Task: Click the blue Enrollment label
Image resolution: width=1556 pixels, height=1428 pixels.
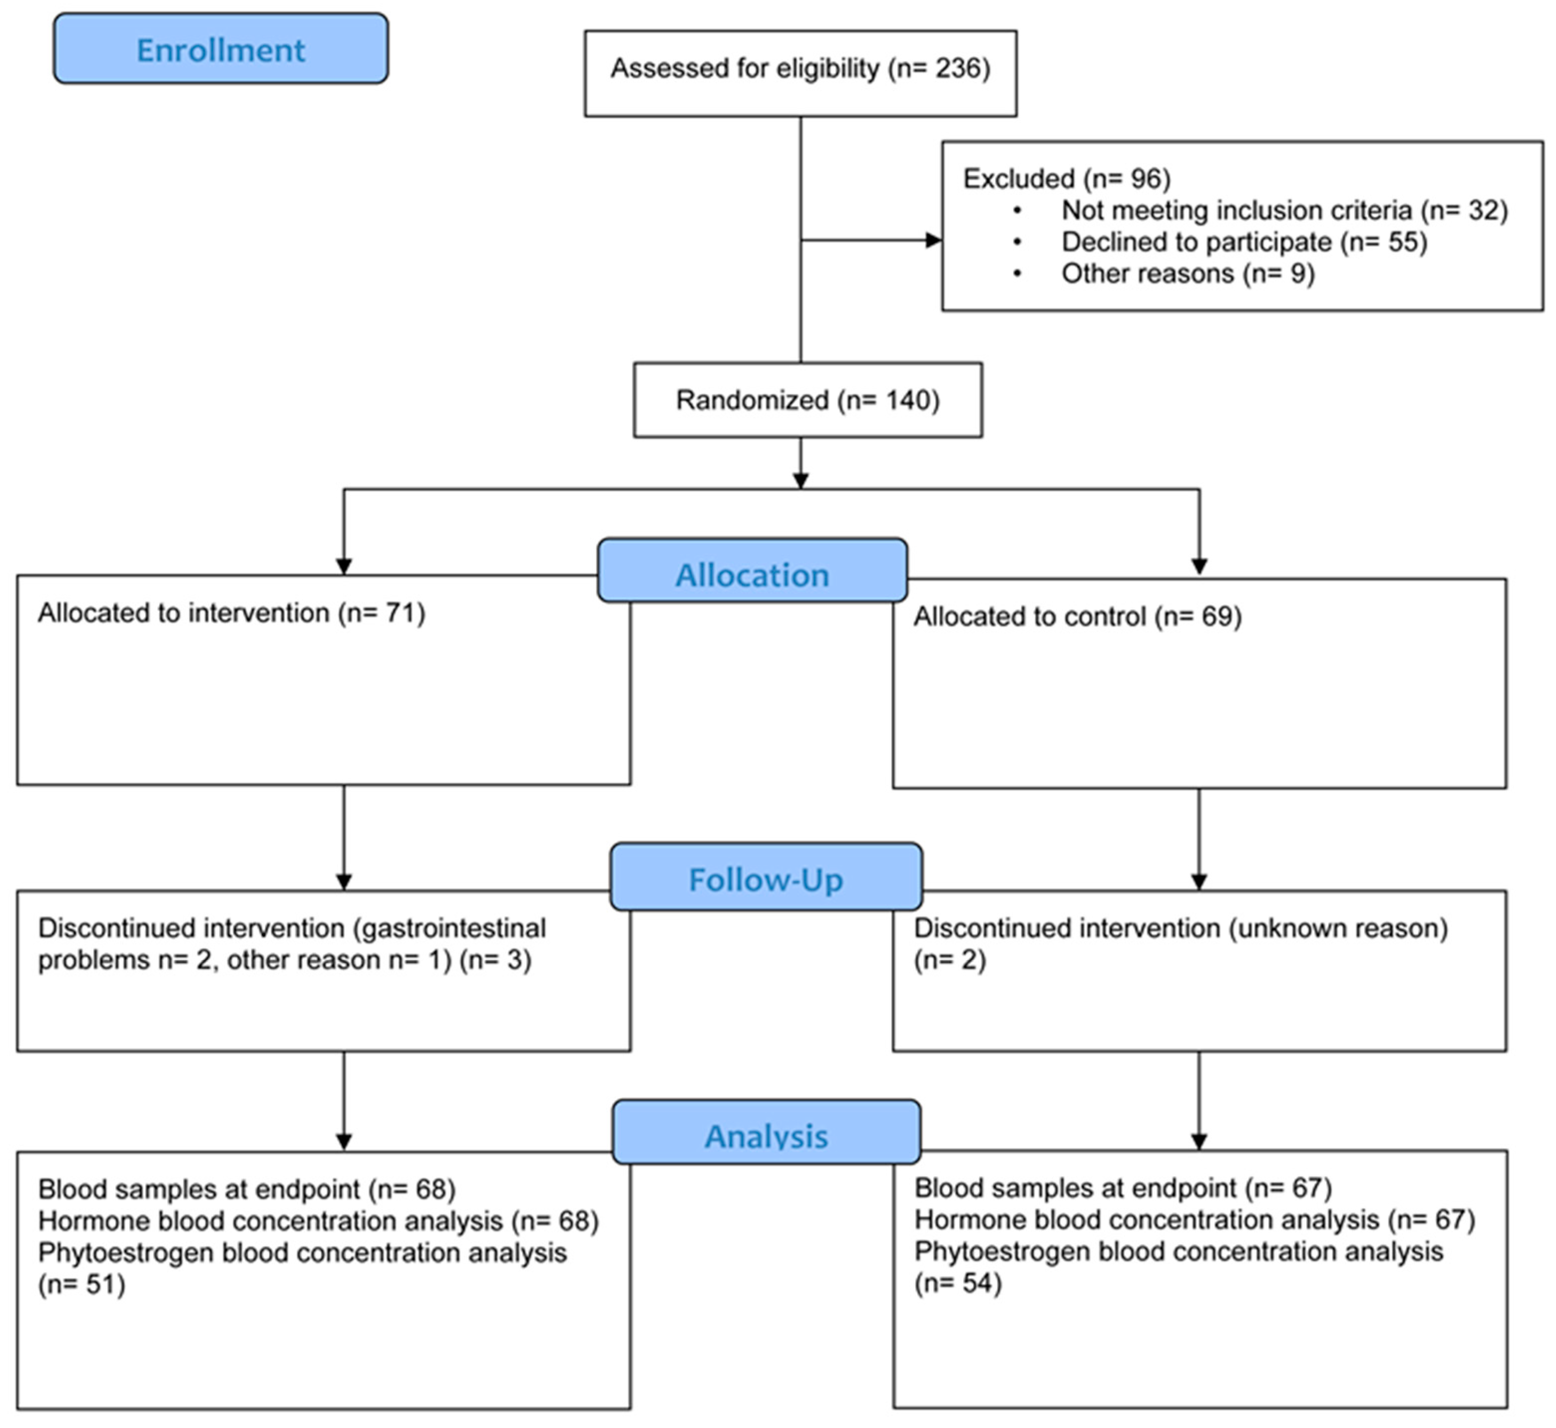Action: pos(220,49)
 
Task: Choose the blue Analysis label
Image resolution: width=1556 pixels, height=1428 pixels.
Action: pos(766,1135)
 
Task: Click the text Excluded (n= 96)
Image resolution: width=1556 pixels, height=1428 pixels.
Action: pos(1066,179)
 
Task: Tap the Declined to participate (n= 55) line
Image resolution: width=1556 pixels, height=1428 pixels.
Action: pos(1244,242)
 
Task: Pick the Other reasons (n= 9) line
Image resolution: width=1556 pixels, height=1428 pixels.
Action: pos(1187,273)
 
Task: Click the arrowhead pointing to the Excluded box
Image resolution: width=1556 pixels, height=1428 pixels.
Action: pos(933,240)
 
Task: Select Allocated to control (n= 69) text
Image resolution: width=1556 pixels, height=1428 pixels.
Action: pos(1078,616)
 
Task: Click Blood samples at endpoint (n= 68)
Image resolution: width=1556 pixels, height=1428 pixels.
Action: pos(246,1189)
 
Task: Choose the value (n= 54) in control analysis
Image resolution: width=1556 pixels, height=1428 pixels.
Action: pos(958,1283)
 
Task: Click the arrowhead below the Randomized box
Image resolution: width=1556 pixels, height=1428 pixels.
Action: pos(800,481)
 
